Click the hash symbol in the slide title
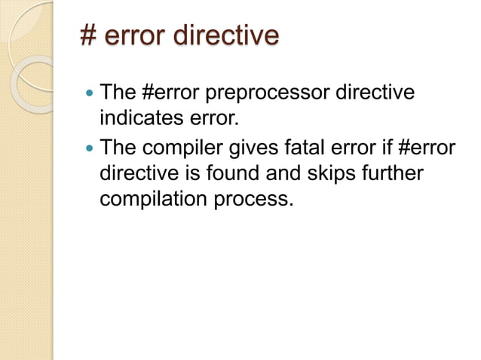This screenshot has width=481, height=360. pyautogui.click(x=89, y=36)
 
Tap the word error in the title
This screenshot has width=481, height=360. pyautogui.click(x=137, y=36)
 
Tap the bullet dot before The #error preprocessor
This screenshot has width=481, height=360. pyautogui.click(x=89, y=96)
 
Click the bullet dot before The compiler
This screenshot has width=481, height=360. pyautogui.click(x=89, y=148)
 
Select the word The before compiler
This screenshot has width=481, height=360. pyautogui.click(x=118, y=147)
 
